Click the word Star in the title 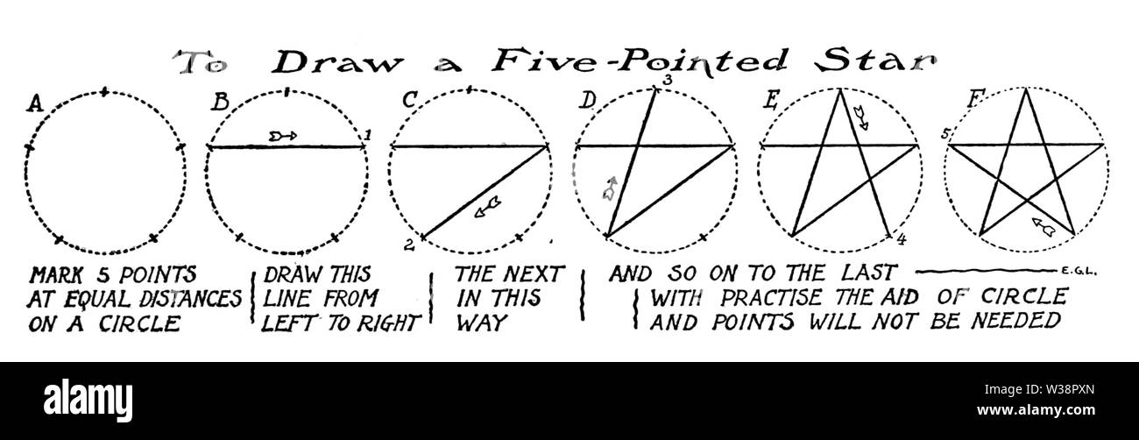click(875, 62)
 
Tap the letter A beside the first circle click(35, 103)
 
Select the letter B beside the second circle click(220, 103)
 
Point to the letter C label click(410, 100)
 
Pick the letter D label click(588, 101)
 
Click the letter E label click(771, 101)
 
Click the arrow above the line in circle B click(283, 136)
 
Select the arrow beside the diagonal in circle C click(487, 207)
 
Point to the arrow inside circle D click(610, 188)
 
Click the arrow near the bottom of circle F click(1043, 227)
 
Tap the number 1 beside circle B click(368, 135)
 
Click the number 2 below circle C click(409, 245)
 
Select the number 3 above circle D click(669, 80)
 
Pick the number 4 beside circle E click(901, 239)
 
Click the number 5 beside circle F click(945, 134)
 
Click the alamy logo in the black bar click(88, 401)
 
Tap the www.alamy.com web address click(1036, 410)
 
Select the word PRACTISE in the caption click(771, 298)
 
